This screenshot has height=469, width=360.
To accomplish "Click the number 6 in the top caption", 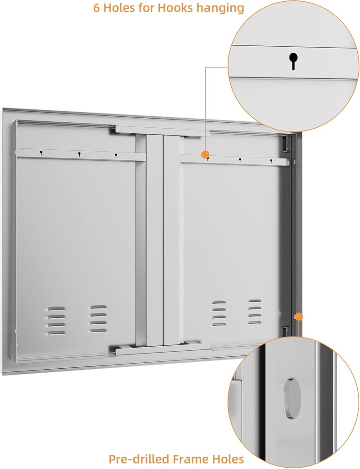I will [97, 8].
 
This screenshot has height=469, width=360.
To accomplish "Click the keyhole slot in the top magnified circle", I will [293, 60].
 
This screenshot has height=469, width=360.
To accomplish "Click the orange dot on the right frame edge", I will [299, 316].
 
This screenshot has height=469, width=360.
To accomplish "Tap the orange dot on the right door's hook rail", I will [206, 155].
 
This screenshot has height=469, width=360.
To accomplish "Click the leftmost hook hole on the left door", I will [41, 153].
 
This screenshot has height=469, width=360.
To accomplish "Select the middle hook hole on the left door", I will [79, 154].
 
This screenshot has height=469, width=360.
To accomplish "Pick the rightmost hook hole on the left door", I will [116, 155].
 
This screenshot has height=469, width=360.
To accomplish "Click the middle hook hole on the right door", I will [240, 160].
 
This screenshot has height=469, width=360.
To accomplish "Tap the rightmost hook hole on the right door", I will [271, 161].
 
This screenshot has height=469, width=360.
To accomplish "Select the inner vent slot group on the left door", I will [97, 318].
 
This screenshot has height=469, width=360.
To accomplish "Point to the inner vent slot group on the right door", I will [218, 313].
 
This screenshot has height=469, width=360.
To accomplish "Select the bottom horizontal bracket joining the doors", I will [162, 350].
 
